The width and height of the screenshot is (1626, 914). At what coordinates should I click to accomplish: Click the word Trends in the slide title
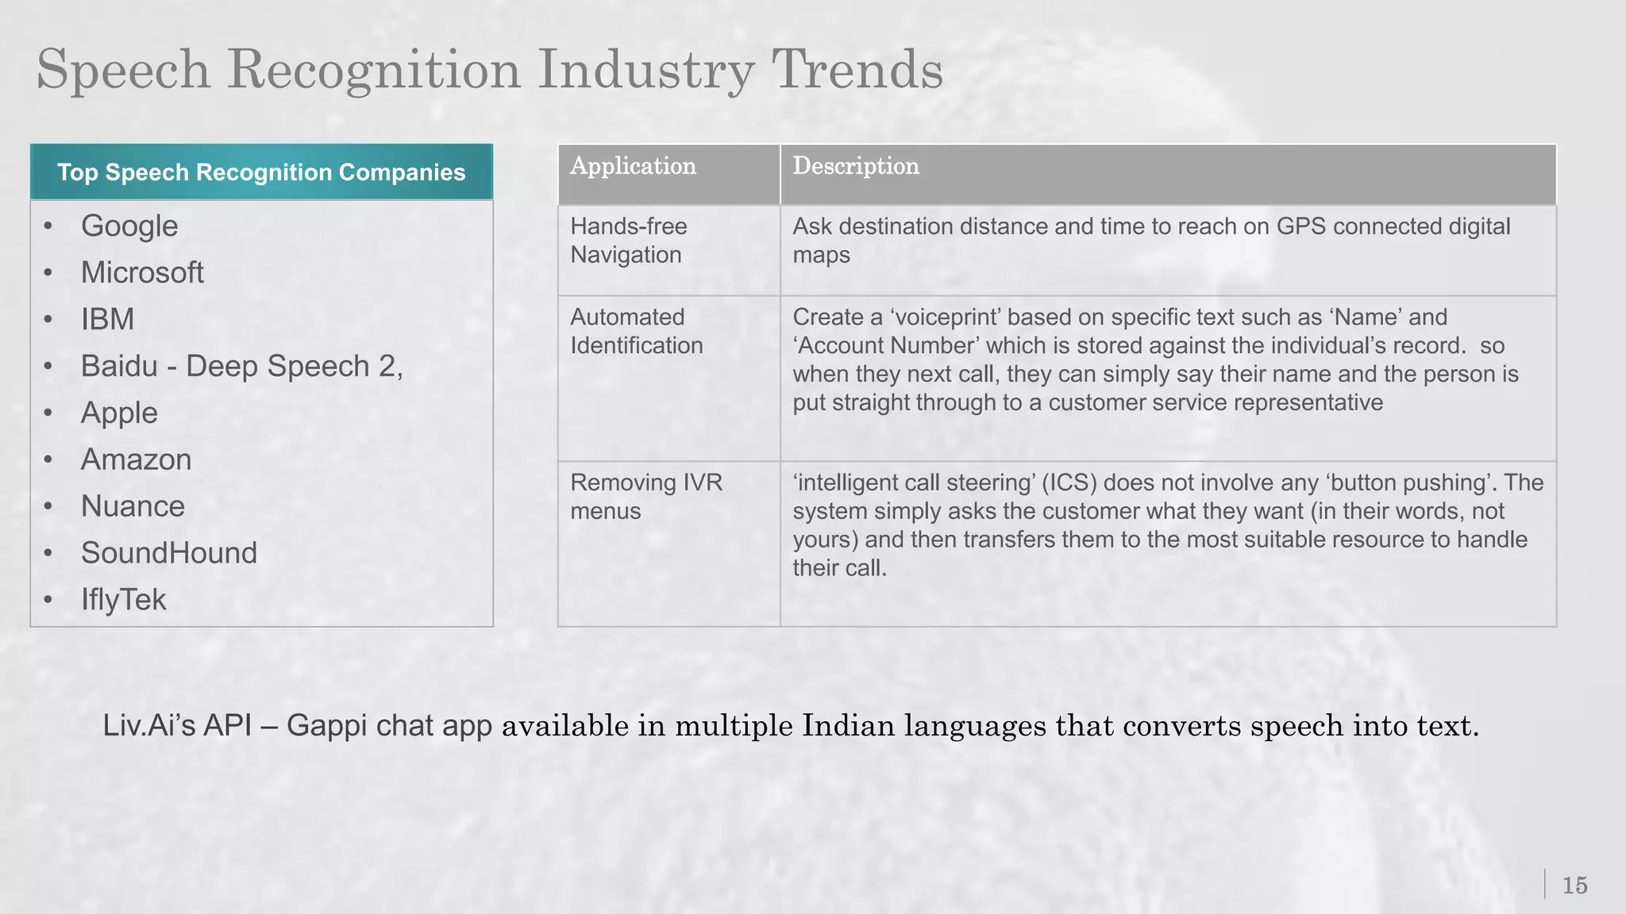[x=857, y=70]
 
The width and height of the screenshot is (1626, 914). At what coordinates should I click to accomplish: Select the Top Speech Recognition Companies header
[x=261, y=172]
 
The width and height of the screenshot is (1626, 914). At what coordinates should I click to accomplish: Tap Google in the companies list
[x=129, y=226]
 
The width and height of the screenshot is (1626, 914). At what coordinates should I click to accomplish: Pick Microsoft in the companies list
[x=142, y=273]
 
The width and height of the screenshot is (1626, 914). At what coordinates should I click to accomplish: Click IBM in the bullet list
[x=107, y=320]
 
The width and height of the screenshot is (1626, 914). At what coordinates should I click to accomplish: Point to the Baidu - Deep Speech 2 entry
[x=241, y=367]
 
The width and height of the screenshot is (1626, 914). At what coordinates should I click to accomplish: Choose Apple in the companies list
[x=119, y=413]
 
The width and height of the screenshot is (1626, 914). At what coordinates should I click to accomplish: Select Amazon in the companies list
[x=136, y=460]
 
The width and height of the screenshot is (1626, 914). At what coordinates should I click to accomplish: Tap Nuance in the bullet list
[x=133, y=507]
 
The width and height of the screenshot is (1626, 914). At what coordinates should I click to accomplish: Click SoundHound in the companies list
[x=169, y=554]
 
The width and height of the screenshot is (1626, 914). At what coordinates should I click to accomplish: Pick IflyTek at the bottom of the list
[x=123, y=601]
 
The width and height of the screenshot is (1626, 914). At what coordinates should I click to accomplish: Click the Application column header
[x=633, y=166]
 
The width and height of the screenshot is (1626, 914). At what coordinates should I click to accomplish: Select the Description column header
[x=856, y=166]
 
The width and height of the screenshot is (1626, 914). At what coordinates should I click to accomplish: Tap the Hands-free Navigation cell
[x=628, y=240]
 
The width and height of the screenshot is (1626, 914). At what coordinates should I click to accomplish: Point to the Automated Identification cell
[x=636, y=331]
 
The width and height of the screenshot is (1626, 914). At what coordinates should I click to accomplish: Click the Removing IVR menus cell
[x=645, y=497]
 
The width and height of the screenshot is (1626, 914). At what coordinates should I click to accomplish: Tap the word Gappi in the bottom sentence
[x=326, y=726]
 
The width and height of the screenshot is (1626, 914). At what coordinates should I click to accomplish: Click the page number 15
[x=1574, y=885]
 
